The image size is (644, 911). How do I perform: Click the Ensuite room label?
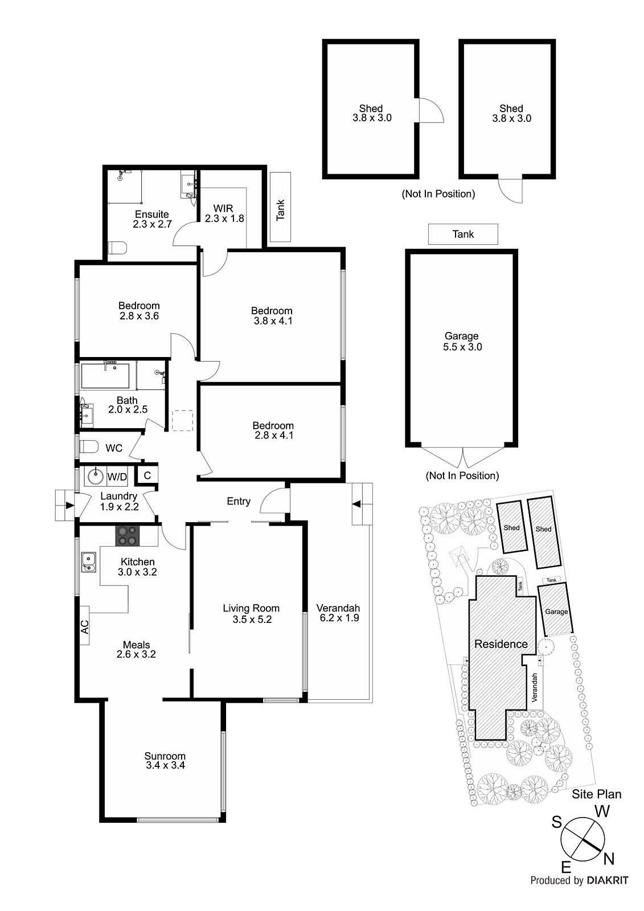point(151,215)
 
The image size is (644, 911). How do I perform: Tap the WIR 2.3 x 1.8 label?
point(224,214)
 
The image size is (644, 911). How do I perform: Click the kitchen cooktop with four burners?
point(128,536)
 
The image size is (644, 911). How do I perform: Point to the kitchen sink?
point(89,562)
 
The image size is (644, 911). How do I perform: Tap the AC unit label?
point(84,627)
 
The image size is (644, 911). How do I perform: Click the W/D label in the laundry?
point(117,477)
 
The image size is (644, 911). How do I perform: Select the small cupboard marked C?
point(147,475)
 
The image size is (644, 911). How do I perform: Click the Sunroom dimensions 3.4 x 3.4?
point(165,766)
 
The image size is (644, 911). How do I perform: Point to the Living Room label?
point(251,608)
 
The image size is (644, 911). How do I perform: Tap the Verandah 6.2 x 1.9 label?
point(338,613)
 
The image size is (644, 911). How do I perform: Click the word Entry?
point(239,501)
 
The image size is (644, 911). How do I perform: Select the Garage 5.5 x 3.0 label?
point(462,342)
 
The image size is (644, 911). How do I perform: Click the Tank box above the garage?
point(463,234)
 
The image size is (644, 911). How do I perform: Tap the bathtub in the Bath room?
point(105,376)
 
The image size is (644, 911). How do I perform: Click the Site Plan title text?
point(596,794)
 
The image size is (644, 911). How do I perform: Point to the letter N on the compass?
point(609,858)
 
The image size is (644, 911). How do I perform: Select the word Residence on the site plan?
point(501,644)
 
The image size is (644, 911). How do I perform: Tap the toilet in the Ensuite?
point(117,248)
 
